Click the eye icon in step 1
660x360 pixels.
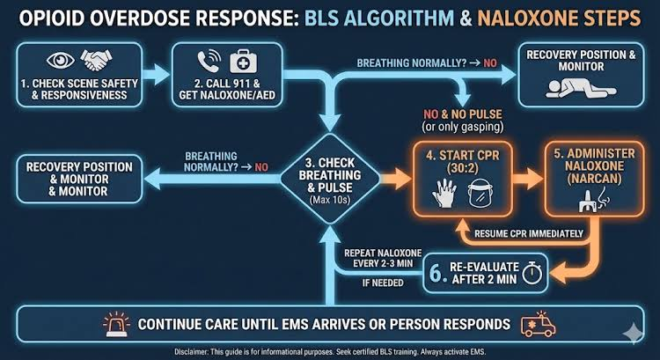pyautogui.click(x=61, y=60)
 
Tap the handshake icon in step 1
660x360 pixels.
pyautogui.click(x=96, y=59)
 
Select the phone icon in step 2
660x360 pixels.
pyautogui.click(x=209, y=61)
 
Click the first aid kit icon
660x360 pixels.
pyautogui.click(x=243, y=62)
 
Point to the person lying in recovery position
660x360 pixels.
pyautogui.click(x=581, y=88)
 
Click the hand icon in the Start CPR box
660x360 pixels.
pyautogui.click(x=444, y=194)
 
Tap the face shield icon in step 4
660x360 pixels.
pyautogui.click(x=480, y=194)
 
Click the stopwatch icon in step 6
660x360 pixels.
pyautogui.click(x=532, y=273)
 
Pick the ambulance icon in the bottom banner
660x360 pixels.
pyautogui.click(x=539, y=325)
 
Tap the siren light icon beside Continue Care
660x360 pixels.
pyautogui.click(x=117, y=324)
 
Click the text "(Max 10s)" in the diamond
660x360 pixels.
pyautogui.click(x=330, y=200)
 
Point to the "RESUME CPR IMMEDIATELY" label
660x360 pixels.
pyautogui.click(x=529, y=233)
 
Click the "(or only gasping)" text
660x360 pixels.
pyautogui.click(x=463, y=127)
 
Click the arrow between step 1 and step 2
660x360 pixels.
pyautogui.click(x=156, y=75)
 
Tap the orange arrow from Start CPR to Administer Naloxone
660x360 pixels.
pyautogui.click(x=528, y=179)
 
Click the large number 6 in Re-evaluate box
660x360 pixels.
pyautogui.click(x=436, y=273)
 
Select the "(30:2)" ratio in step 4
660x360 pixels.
pyautogui.click(x=463, y=168)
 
